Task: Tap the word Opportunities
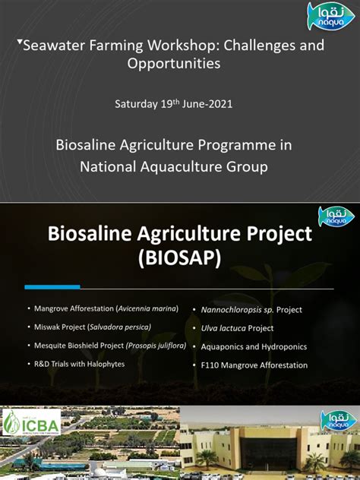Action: [x=174, y=64]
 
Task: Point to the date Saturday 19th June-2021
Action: [x=173, y=103]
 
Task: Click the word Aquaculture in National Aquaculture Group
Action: [x=174, y=166]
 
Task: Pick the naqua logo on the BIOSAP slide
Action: [x=335, y=216]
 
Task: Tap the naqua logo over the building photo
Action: [x=337, y=420]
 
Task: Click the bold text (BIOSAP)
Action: [x=179, y=259]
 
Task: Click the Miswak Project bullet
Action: [x=93, y=327]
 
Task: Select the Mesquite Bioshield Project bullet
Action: [x=110, y=346]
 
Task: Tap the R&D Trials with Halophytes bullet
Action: [x=79, y=364]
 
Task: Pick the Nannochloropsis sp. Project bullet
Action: [x=251, y=310]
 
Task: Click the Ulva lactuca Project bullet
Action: [x=237, y=328]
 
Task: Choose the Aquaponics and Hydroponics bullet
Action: [x=254, y=346]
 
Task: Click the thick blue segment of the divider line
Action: [x=52, y=287]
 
